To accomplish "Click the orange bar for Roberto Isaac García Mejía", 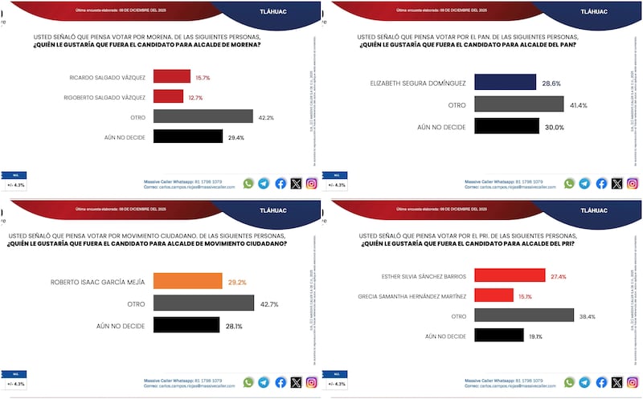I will tap(187, 282).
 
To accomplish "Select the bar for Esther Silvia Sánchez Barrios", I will tap(507, 275).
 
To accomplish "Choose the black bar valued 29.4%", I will tap(187, 136).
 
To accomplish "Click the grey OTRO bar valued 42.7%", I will tap(204, 303).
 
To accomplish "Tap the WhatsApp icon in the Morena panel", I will tap(248, 183).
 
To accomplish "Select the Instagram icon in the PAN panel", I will tap(633, 183).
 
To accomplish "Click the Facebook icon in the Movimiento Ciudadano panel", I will tap(281, 383).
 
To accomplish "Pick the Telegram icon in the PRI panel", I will tap(585, 383).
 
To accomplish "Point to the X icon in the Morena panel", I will tap(296, 183).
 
